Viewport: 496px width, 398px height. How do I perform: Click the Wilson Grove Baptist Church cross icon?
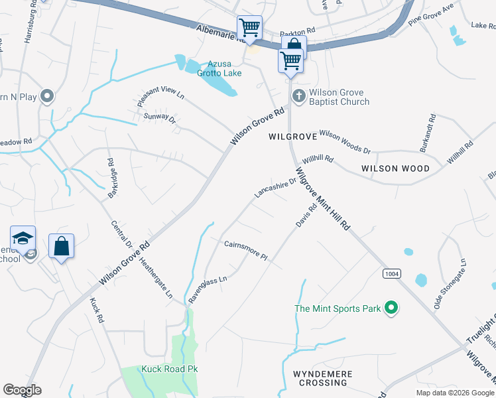click(x=298, y=97)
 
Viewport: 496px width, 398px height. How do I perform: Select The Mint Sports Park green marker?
click(x=391, y=308)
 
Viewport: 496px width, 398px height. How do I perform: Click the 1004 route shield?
click(x=391, y=274)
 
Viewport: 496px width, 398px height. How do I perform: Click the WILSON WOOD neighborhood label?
click(x=396, y=168)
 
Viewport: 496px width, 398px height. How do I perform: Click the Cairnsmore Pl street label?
click(x=245, y=250)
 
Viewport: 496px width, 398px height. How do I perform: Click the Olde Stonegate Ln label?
click(x=442, y=285)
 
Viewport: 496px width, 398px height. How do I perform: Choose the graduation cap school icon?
click(x=23, y=238)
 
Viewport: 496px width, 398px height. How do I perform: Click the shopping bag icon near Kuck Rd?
click(x=61, y=246)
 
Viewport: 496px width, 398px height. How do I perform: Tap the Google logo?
click(x=22, y=390)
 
